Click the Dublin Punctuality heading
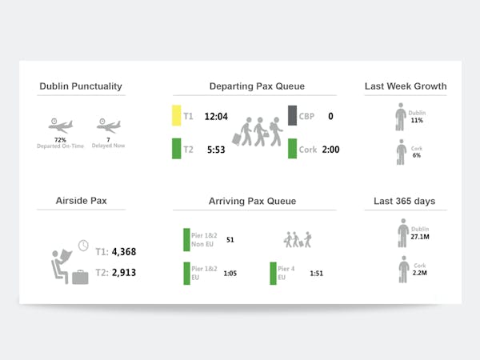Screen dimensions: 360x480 click(x=81, y=86)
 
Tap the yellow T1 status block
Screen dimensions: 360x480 click(x=177, y=116)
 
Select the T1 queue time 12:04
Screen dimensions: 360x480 click(x=217, y=116)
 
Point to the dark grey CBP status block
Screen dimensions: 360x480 click(x=292, y=116)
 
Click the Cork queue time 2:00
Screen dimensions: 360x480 click(x=330, y=150)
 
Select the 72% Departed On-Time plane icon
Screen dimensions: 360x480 click(x=60, y=126)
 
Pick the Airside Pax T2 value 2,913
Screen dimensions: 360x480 click(x=124, y=273)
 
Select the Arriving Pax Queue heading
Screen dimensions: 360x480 click(x=252, y=201)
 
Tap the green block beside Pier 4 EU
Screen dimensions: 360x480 click(x=273, y=273)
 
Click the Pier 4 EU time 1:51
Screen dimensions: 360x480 click(x=317, y=274)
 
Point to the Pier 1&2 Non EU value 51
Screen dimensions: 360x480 click(x=230, y=239)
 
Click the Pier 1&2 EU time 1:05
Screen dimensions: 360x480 click(x=230, y=274)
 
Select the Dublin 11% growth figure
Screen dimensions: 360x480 click(x=416, y=120)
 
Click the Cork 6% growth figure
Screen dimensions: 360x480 click(x=416, y=155)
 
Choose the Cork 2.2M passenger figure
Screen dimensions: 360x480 click(x=419, y=273)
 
